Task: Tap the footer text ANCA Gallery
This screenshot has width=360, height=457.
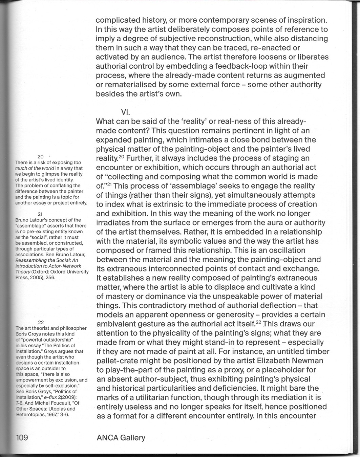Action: click(x=121, y=438)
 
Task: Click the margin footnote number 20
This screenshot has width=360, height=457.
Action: click(x=41, y=156)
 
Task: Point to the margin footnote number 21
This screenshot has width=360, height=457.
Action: click(x=41, y=214)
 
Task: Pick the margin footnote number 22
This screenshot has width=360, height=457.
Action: click(x=41, y=322)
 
